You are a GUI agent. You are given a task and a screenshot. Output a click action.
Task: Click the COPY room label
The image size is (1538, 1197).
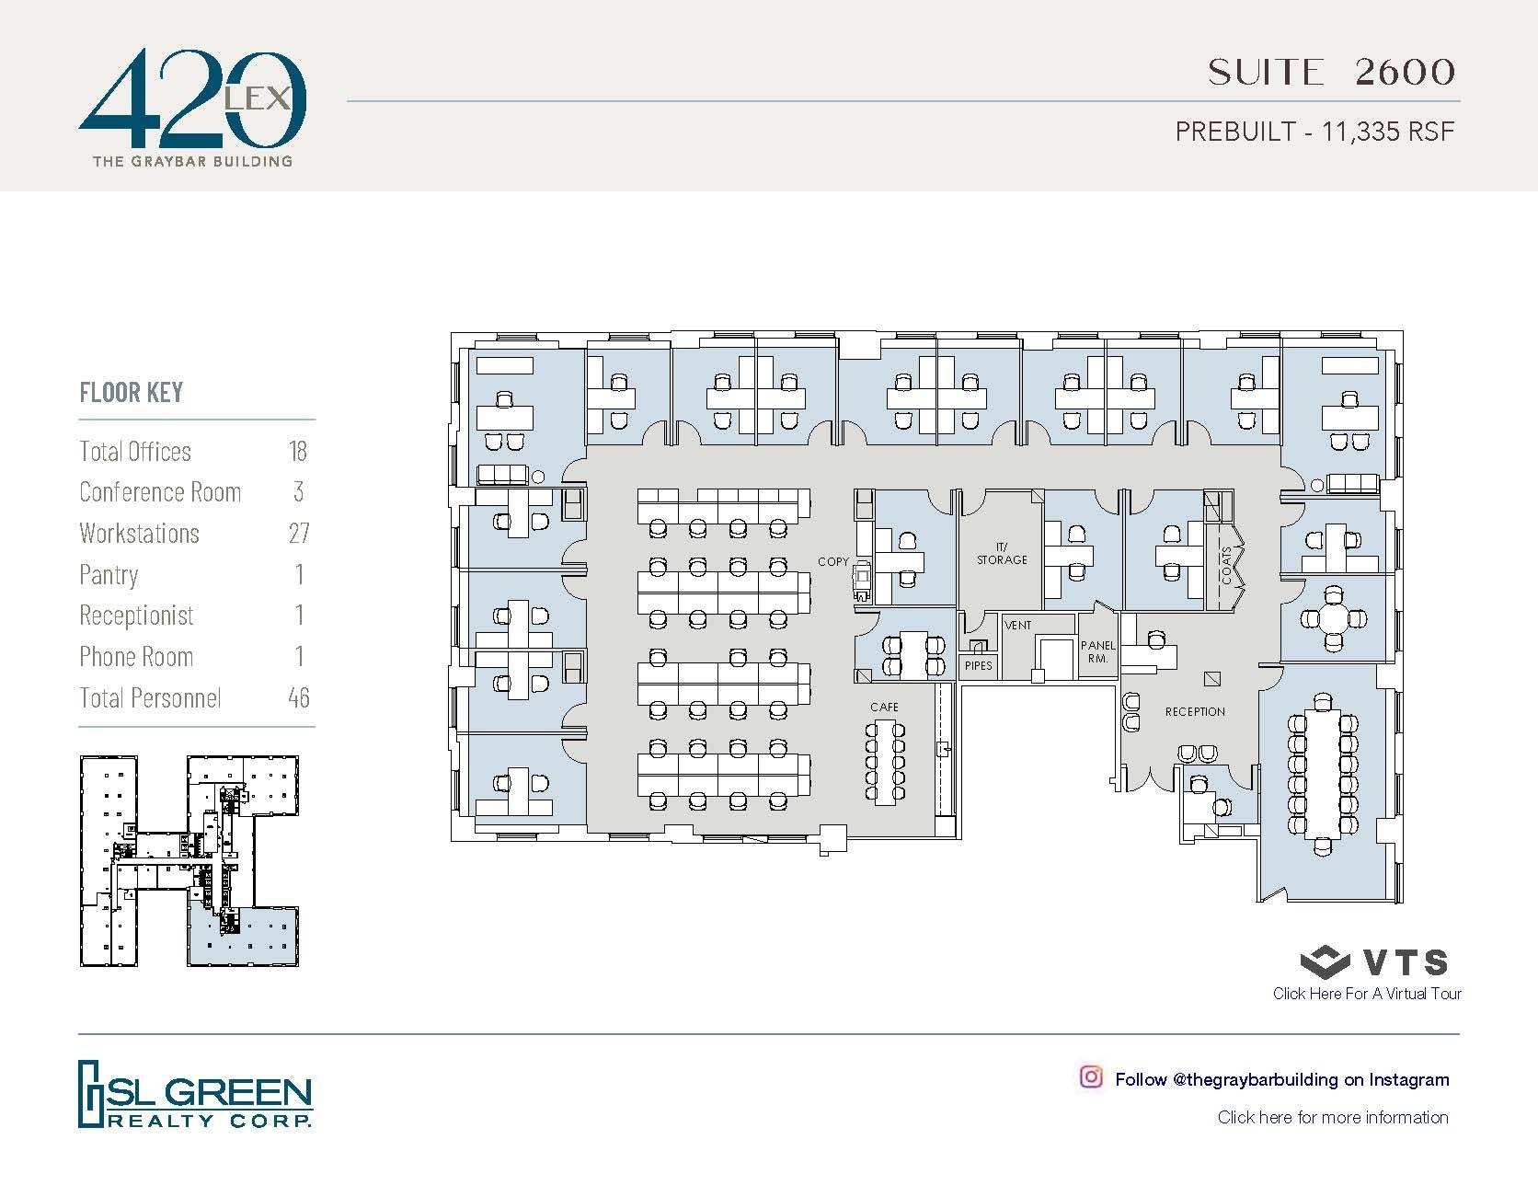coord(833,561)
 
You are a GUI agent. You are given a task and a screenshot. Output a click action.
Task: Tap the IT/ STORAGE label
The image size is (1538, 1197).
coord(1002,553)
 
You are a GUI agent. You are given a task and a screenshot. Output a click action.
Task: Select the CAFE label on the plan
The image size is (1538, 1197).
coord(884,707)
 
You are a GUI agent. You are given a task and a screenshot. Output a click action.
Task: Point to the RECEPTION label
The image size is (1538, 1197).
coord(1195,711)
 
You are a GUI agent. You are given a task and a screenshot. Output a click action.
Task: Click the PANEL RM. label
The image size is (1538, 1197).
coord(1097,651)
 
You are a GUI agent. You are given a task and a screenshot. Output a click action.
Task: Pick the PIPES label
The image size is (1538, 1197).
coord(978,665)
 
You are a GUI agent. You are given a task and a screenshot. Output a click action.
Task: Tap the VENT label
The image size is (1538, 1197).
coord(1018,626)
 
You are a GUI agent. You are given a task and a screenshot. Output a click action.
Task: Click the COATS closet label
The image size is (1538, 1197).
coord(1226,565)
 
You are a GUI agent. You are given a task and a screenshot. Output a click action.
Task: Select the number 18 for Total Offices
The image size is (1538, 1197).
coord(297,451)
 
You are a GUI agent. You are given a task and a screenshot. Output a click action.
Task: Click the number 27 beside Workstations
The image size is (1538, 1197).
coord(298,533)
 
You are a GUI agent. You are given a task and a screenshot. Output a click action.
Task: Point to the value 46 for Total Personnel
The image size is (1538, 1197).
coord(298,697)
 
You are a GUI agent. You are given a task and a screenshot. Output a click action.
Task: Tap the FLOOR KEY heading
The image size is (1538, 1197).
coord(132,393)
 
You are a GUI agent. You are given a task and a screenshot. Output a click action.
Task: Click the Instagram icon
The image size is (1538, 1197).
coord(1091,1077)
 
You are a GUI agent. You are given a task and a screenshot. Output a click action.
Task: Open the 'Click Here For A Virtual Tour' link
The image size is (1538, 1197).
coord(1367,994)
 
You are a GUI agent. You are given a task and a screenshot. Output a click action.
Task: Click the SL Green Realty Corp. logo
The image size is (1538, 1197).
coord(195,1094)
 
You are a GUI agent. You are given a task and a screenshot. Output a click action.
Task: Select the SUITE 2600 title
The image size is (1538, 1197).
coord(1331,72)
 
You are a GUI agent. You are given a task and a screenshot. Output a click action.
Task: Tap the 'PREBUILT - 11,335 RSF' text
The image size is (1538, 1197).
coord(1315,132)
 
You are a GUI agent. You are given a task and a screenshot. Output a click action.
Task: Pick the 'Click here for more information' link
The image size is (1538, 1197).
coord(1332,1117)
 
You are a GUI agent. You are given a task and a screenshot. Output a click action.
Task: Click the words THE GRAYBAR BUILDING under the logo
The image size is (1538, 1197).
coord(192,161)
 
